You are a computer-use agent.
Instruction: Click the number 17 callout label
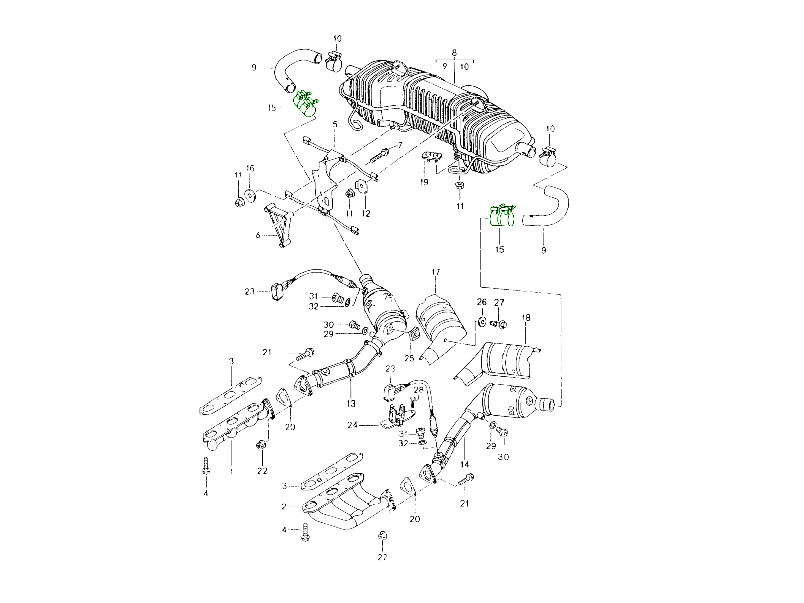click(x=435, y=272)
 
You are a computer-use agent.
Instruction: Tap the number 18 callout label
click(x=526, y=318)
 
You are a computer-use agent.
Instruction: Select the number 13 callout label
click(x=350, y=403)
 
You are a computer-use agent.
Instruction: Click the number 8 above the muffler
click(x=454, y=53)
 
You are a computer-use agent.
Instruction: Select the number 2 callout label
click(x=284, y=506)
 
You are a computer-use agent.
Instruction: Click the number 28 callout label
click(x=419, y=390)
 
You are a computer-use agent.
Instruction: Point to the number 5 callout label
click(x=334, y=124)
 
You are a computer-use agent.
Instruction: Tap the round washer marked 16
click(x=249, y=194)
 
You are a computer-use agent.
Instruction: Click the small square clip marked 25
click(x=414, y=334)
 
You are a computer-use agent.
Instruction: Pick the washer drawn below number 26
click(x=481, y=321)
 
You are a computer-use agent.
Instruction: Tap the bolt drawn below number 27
click(x=499, y=324)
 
